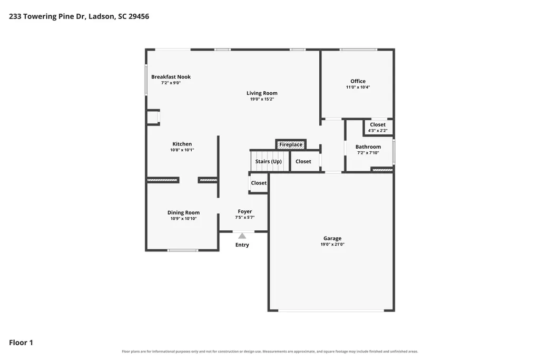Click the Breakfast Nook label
pos(171,77)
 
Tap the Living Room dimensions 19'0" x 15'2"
pos(262,99)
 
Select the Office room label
pos(358,81)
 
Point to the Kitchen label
pos(182,144)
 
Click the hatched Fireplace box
pos(291,144)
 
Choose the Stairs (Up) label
pos(268,161)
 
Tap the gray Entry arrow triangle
pos(242,236)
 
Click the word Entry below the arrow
pos(242,245)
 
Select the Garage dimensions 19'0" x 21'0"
pos(332,244)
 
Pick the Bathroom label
pos(368,147)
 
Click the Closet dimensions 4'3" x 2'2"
pos(378,131)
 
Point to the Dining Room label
pos(183,212)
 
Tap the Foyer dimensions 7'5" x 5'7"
pos(245,217)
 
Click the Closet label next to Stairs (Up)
pos(303,161)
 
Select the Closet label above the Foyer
pos(259,183)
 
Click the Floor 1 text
pos(21,343)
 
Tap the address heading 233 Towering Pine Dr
pos(47,16)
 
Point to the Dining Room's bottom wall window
pos(182,250)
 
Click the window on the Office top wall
pos(358,50)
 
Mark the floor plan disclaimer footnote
pos(270,352)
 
